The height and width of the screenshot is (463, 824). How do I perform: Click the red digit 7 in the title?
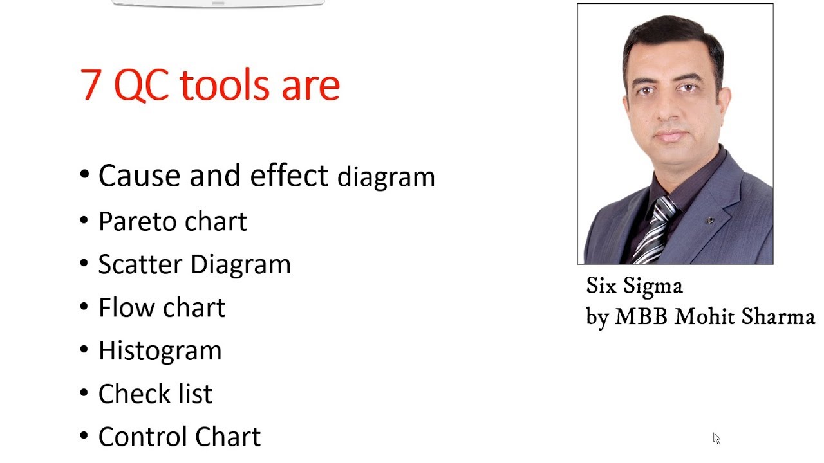coord(91,86)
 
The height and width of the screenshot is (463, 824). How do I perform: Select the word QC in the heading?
coord(141,86)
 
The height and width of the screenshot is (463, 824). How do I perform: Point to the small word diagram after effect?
coord(386,177)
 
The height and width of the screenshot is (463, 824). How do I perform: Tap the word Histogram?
coord(160,351)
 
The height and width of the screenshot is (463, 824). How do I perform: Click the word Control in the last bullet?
coord(142,437)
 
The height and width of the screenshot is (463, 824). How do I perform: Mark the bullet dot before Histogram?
coord(84,350)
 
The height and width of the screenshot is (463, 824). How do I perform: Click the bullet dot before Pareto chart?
coord(84,220)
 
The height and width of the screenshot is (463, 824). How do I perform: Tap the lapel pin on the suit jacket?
coord(709,221)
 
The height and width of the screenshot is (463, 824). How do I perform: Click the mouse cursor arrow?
coord(716,438)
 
